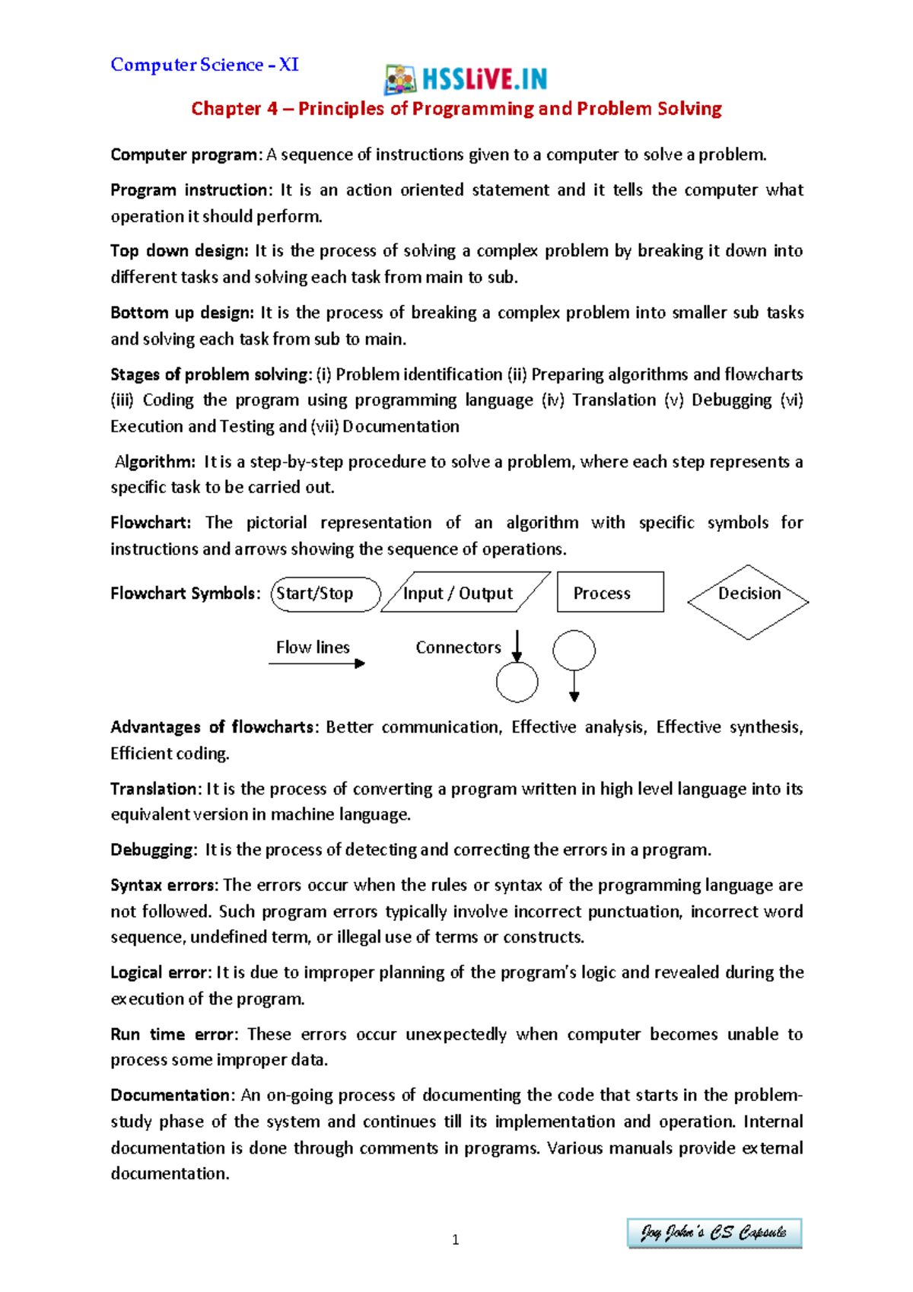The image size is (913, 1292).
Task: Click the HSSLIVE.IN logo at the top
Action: point(466,78)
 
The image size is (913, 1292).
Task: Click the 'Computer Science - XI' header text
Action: point(205,65)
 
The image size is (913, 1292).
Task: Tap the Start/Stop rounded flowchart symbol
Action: point(325,594)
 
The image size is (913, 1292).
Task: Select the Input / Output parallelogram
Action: point(465,593)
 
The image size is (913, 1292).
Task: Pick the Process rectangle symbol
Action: point(610,592)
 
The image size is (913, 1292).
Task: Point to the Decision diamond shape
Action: point(748,602)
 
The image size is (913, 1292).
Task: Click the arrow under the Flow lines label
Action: point(317,664)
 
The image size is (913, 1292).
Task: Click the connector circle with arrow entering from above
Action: point(517,682)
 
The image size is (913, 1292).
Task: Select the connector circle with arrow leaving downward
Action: point(574,651)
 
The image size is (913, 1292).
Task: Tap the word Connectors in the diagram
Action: point(458,648)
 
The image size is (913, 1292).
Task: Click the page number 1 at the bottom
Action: point(455,1239)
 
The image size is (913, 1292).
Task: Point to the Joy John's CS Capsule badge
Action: point(714,1233)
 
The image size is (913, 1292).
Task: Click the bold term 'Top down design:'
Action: point(180,251)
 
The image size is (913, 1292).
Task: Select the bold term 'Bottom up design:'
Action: point(183,313)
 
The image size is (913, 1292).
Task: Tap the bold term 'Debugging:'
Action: point(154,850)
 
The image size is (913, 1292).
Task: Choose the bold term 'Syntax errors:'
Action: point(164,886)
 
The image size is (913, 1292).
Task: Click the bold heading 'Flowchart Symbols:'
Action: point(186,593)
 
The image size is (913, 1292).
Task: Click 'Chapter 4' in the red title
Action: point(234,109)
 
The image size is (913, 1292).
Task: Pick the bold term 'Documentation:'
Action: point(173,1096)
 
